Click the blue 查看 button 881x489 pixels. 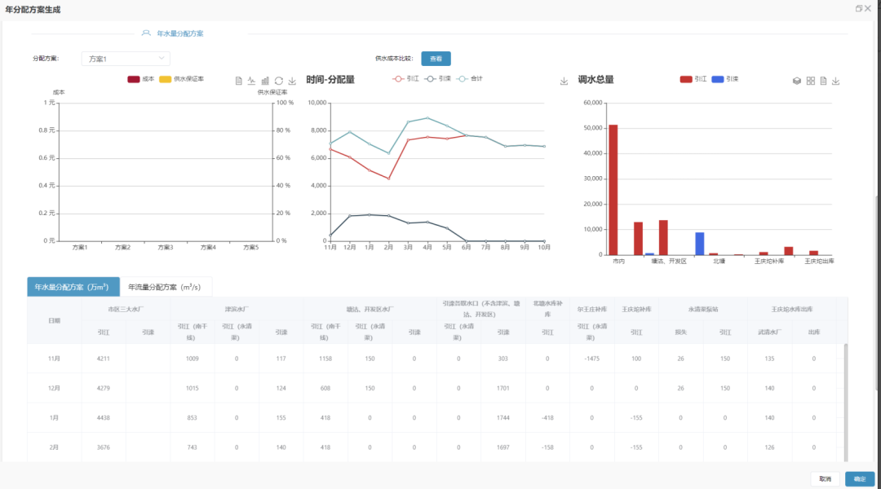(436, 59)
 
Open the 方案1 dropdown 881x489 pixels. (126, 59)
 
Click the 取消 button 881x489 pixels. (825, 479)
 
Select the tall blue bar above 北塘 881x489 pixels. (699, 243)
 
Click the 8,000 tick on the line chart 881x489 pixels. (317, 130)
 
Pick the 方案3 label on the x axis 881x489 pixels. (165, 247)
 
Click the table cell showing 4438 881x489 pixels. (103, 417)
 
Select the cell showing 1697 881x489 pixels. (502, 447)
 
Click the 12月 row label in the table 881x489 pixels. (54, 388)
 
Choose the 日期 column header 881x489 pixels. (54, 320)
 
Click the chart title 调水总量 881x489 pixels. (595, 80)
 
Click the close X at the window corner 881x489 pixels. (868, 8)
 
